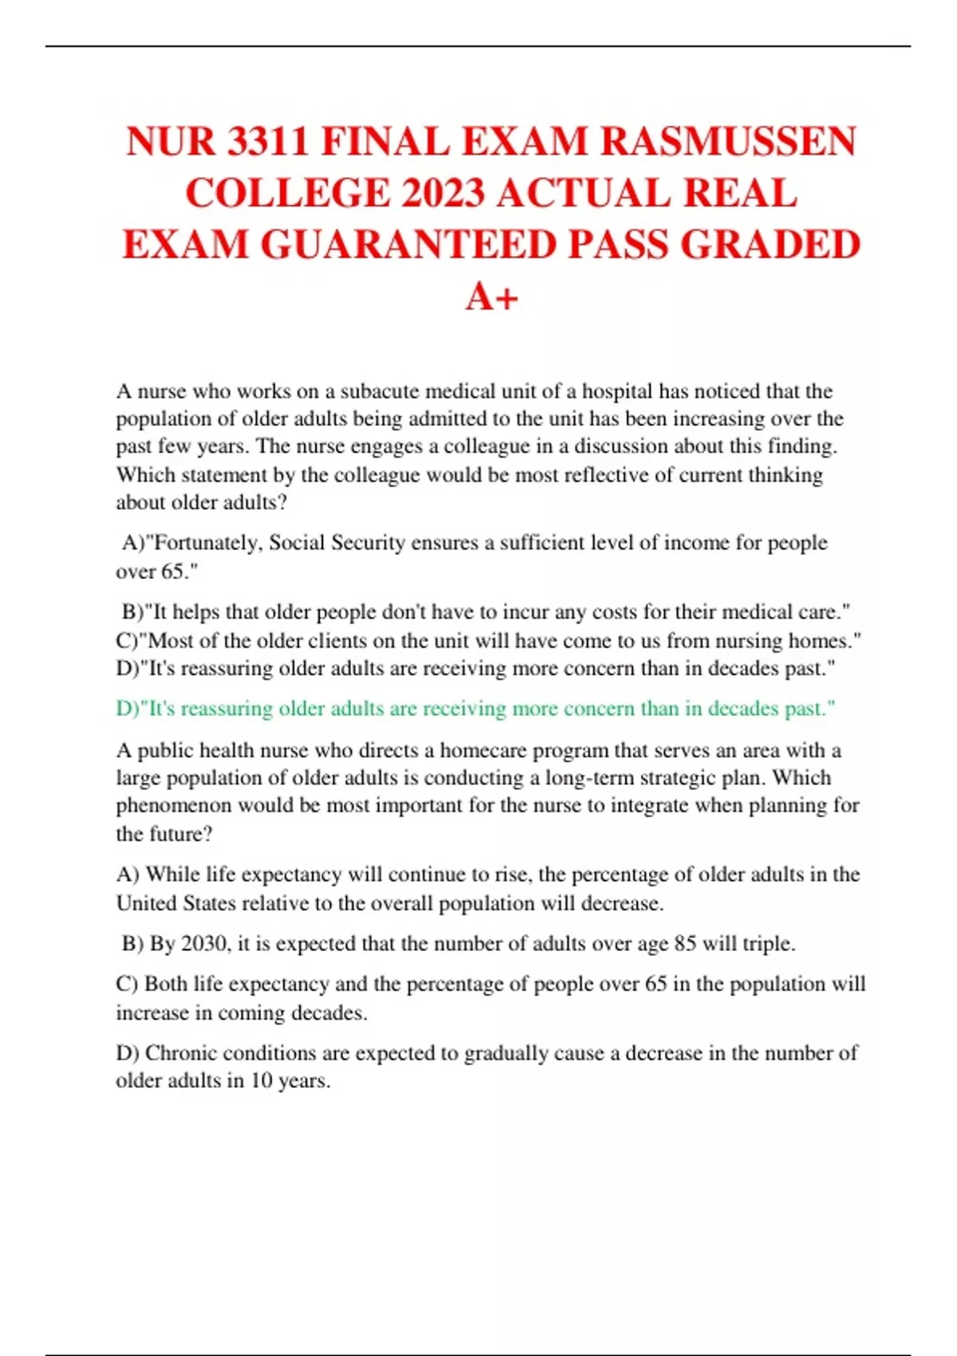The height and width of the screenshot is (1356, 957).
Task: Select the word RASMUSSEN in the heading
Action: [728, 142]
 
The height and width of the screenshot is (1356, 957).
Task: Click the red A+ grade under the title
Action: [492, 297]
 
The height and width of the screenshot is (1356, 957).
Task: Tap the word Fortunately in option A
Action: [205, 543]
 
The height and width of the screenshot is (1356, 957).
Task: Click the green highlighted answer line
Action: [475, 708]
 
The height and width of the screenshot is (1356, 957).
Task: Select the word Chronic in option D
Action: [180, 1053]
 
